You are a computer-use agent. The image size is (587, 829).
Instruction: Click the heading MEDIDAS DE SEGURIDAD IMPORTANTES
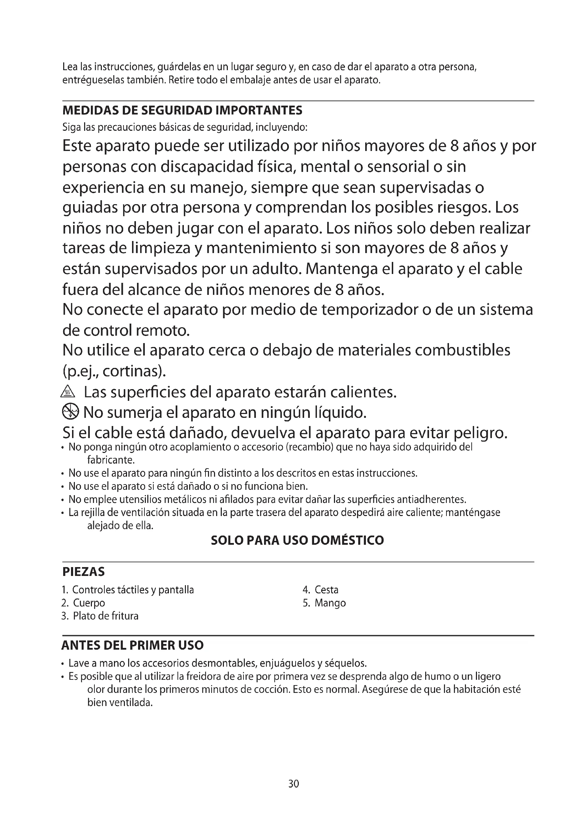pos(182,110)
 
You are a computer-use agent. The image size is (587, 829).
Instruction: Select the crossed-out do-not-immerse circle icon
pos(70,411)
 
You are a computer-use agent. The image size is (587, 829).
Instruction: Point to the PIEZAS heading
pos(83,572)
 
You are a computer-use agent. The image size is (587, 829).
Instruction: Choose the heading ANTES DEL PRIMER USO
pos(133,645)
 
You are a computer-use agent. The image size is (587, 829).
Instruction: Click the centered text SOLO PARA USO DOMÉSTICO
pos(297,540)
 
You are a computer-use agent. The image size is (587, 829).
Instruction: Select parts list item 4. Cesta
pos(320,590)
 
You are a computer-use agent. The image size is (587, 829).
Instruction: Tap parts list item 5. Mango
pos(324,603)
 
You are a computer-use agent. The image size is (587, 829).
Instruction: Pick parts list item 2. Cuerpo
pos(83,603)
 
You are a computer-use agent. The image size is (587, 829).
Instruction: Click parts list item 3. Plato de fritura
pos(100,616)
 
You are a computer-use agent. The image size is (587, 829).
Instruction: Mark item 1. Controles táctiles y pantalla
pos(128,590)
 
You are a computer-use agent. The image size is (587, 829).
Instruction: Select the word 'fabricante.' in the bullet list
pos(111,460)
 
